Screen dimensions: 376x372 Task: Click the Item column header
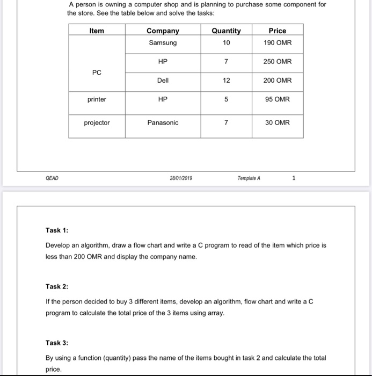pos(97,31)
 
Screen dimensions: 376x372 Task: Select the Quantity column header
pos(226,31)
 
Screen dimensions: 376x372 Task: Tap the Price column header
pos(277,31)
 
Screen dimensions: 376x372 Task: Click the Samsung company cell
pos(163,43)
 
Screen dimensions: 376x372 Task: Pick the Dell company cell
pos(163,81)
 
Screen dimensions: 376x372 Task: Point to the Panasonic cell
pos(163,123)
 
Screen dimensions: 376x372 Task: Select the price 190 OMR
pos(277,43)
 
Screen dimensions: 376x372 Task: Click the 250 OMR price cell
pos(277,62)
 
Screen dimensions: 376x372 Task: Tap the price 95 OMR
pos(277,99)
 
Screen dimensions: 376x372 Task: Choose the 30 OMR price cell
pos(277,123)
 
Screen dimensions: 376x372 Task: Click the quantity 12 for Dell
pos(226,81)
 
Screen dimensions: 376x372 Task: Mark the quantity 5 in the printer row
pos(226,99)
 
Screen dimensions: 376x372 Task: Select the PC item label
pos(97,72)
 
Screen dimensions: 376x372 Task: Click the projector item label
pos(97,123)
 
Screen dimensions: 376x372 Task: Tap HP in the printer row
pos(163,99)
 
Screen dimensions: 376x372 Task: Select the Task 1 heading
pos(57,230)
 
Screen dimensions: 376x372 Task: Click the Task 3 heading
pos(57,343)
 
